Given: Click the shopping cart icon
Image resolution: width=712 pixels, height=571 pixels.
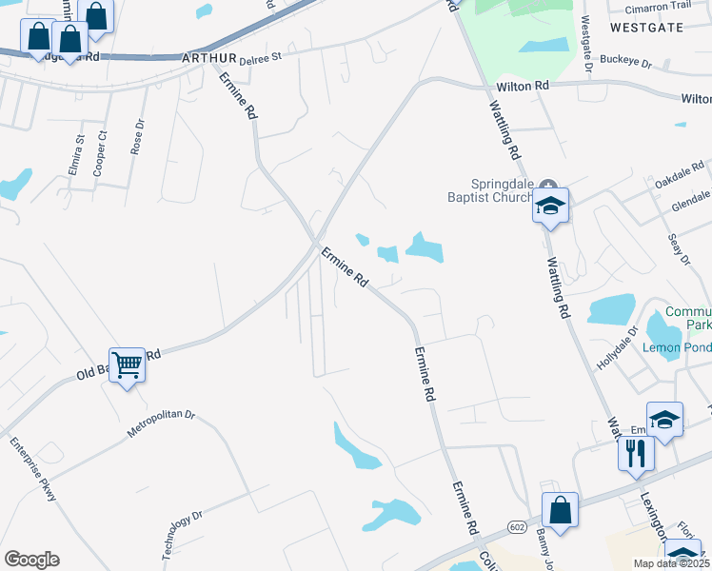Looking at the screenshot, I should click(127, 364).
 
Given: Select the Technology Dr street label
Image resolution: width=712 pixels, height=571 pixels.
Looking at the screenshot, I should click(182, 535).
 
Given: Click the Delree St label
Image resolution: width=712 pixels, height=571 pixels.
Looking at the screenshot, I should click(261, 58).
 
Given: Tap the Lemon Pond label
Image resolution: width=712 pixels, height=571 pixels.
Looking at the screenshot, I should click(677, 347).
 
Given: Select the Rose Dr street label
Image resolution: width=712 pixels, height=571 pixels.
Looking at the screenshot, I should click(138, 137).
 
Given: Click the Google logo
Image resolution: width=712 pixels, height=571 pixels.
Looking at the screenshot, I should click(32, 560).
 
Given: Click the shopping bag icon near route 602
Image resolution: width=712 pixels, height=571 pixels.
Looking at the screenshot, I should click(561, 509).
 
